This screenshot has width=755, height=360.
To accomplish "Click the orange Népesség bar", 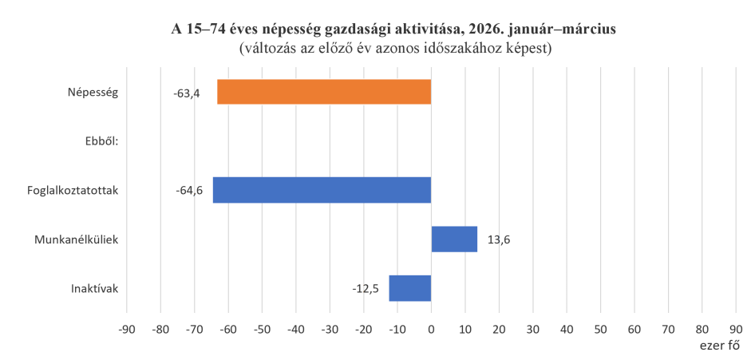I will coord(324,93).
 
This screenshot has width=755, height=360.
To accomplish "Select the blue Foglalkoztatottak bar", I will coord(322,190).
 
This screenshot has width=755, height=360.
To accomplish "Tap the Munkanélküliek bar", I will coord(454,239).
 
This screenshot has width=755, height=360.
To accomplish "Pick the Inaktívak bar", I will coord(409,288).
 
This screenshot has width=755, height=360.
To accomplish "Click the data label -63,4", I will coord(186,93).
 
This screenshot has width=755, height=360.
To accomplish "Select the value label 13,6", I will coord(499,239).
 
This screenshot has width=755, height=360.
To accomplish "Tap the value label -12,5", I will coord(365,288).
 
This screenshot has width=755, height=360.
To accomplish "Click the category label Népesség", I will coord(93,93).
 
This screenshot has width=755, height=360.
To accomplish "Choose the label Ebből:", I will coord(101,142).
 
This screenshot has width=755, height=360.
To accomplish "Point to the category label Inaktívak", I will coord(95,288).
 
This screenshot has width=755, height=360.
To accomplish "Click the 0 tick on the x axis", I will coord(431,329).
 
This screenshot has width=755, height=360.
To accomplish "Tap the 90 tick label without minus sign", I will coord(736,329).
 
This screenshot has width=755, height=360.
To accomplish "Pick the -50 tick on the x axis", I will coord(261,329).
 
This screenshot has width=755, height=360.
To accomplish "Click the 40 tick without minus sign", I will coord(567,329).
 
